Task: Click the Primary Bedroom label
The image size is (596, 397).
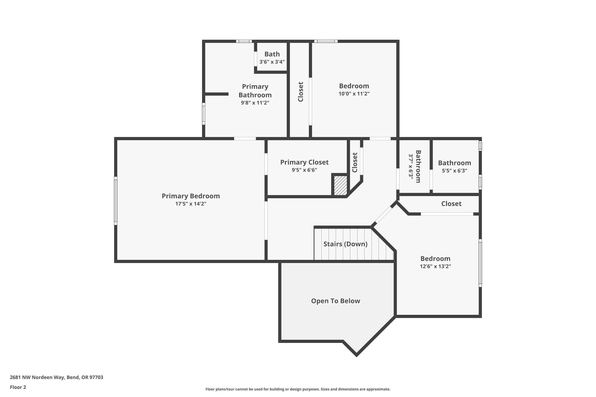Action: tap(191, 196)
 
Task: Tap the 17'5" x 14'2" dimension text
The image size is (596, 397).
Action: tap(191, 204)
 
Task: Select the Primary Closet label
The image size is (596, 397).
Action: tap(304, 162)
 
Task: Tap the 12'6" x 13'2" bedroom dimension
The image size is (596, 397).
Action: tap(435, 266)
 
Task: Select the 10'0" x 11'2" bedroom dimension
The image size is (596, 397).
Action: tap(354, 94)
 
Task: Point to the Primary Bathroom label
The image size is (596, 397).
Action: tap(255, 91)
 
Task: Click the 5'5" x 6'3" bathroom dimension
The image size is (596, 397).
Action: tap(454, 171)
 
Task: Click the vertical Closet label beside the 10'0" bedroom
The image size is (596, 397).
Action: tap(301, 92)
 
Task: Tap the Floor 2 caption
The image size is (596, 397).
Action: tap(18, 387)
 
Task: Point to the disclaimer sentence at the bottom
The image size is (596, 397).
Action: tap(298, 389)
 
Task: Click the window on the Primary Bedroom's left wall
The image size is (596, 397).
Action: tap(116, 201)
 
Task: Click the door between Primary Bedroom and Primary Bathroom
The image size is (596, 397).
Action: tap(245, 139)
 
